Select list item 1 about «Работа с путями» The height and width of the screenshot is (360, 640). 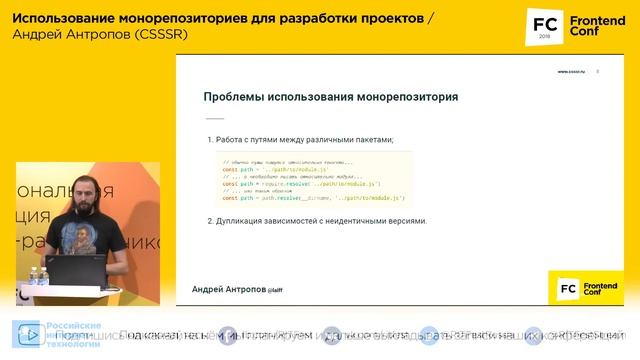pos(301,139)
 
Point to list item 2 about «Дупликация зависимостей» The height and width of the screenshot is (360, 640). pos(317,220)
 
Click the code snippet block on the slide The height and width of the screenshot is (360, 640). pos(315,180)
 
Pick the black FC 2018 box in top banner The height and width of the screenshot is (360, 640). pos(545,27)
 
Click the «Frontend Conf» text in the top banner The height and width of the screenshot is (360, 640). pos(597,27)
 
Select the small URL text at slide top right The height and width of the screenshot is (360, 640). pos(571,71)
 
